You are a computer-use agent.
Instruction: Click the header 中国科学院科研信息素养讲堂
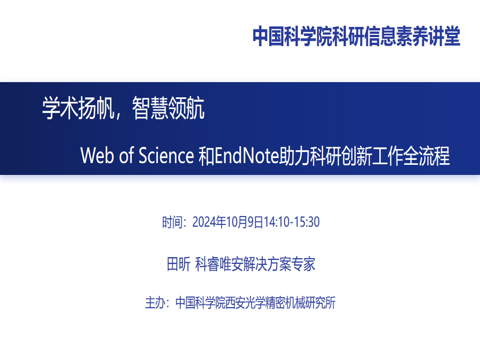(356, 37)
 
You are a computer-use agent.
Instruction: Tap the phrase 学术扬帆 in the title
(78, 108)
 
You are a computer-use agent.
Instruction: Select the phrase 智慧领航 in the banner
(168, 108)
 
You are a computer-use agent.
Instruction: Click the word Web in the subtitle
(98, 155)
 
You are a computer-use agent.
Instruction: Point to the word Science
(166, 155)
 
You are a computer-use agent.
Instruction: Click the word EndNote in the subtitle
(246, 155)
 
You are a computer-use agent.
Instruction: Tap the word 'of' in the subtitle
(127, 155)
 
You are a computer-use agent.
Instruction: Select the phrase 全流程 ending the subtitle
(427, 155)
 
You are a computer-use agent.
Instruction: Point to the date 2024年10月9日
(228, 222)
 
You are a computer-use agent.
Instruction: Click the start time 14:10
(276, 222)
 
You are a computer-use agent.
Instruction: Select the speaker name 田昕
(179, 264)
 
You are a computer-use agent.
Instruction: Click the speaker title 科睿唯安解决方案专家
(255, 264)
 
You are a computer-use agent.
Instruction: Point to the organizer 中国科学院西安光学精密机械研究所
(255, 303)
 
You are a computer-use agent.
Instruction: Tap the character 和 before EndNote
(207, 155)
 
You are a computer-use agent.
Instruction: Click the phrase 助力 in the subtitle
(294, 155)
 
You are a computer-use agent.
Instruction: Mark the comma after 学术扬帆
(118, 115)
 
